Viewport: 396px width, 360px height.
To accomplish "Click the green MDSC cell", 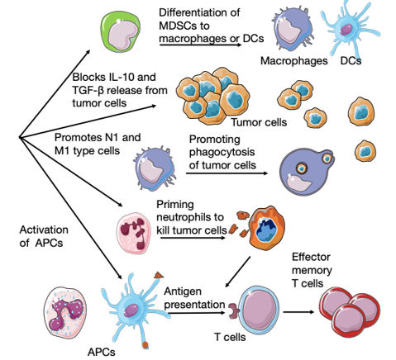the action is (x=121, y=32).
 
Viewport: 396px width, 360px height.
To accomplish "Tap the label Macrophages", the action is (x=294, y=61).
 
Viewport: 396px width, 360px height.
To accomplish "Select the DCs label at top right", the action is (x=351, y=61).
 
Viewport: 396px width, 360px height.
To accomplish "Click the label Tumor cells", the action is (x=259, y=122).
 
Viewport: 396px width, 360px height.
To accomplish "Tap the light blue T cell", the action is (x=259, y=308).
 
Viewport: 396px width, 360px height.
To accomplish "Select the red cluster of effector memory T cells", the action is (x=350, y=311).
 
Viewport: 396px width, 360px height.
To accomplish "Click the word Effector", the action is (x=311, y=257).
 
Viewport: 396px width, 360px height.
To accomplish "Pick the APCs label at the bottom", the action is (x=102, y=352).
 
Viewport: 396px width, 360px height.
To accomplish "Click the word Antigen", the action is (x=183, y=291).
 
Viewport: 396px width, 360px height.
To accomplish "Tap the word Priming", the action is (x=175, y=205).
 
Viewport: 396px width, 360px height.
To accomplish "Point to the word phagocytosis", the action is (x=222, y=152).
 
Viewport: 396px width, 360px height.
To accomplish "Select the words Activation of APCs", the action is (x=44, y=236).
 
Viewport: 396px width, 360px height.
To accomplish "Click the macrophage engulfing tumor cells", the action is (x=307, y=172).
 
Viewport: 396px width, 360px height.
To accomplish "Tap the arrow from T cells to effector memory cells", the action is (x=298, y=312).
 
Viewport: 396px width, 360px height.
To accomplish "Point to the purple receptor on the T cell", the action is (x=234, y=311).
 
